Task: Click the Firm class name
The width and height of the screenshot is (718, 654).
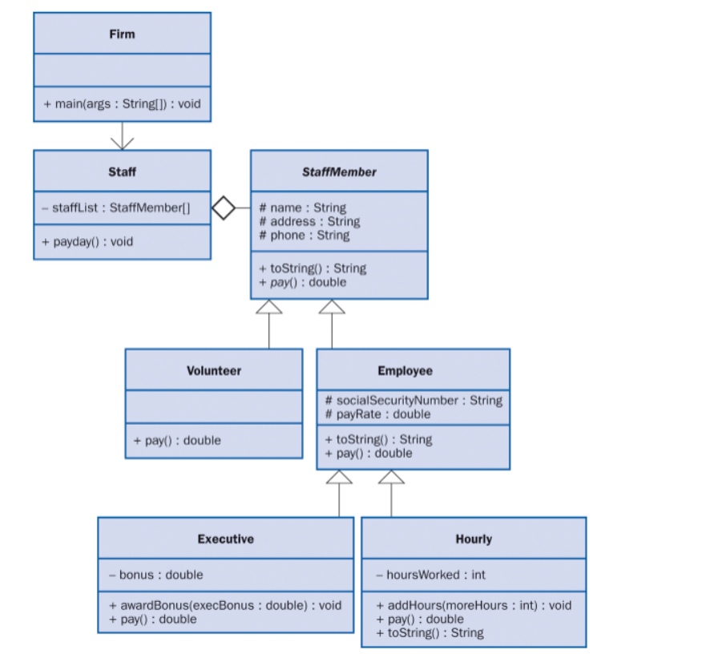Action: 122,34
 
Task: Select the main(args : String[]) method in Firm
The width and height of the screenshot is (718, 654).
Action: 122,104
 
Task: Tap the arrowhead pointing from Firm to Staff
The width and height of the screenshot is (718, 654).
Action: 122,143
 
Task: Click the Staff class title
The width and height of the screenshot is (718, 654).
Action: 122,172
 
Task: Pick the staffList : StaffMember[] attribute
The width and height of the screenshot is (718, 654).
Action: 116,208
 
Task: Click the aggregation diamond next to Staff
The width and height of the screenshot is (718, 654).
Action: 224,208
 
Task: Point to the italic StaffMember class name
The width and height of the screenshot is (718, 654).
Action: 339,172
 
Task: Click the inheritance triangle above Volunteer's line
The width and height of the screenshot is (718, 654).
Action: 269,307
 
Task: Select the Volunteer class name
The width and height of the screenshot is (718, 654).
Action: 214,370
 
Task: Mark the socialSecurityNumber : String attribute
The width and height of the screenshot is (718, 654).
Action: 413,400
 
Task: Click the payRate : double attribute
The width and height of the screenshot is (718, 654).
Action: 377,414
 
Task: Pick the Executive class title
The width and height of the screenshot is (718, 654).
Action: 225,539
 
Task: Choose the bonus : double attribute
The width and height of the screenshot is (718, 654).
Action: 155,575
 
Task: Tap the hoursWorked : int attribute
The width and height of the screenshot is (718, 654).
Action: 430,575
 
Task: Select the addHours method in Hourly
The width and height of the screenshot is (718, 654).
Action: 474,605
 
